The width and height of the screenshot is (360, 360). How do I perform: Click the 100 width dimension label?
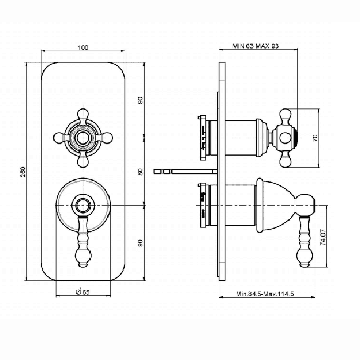[x=83, y=47]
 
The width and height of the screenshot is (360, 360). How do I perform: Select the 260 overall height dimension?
[x=22, y=172]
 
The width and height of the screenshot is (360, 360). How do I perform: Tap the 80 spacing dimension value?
[x=140, y=172]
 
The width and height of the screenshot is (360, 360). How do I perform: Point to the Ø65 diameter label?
[x=83, y=292]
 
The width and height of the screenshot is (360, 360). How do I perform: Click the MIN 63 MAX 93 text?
[x=255, y=46]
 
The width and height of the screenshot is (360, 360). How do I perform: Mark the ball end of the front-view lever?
[x=82, y=256]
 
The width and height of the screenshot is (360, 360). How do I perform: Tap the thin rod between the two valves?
[x=190, y=170]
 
